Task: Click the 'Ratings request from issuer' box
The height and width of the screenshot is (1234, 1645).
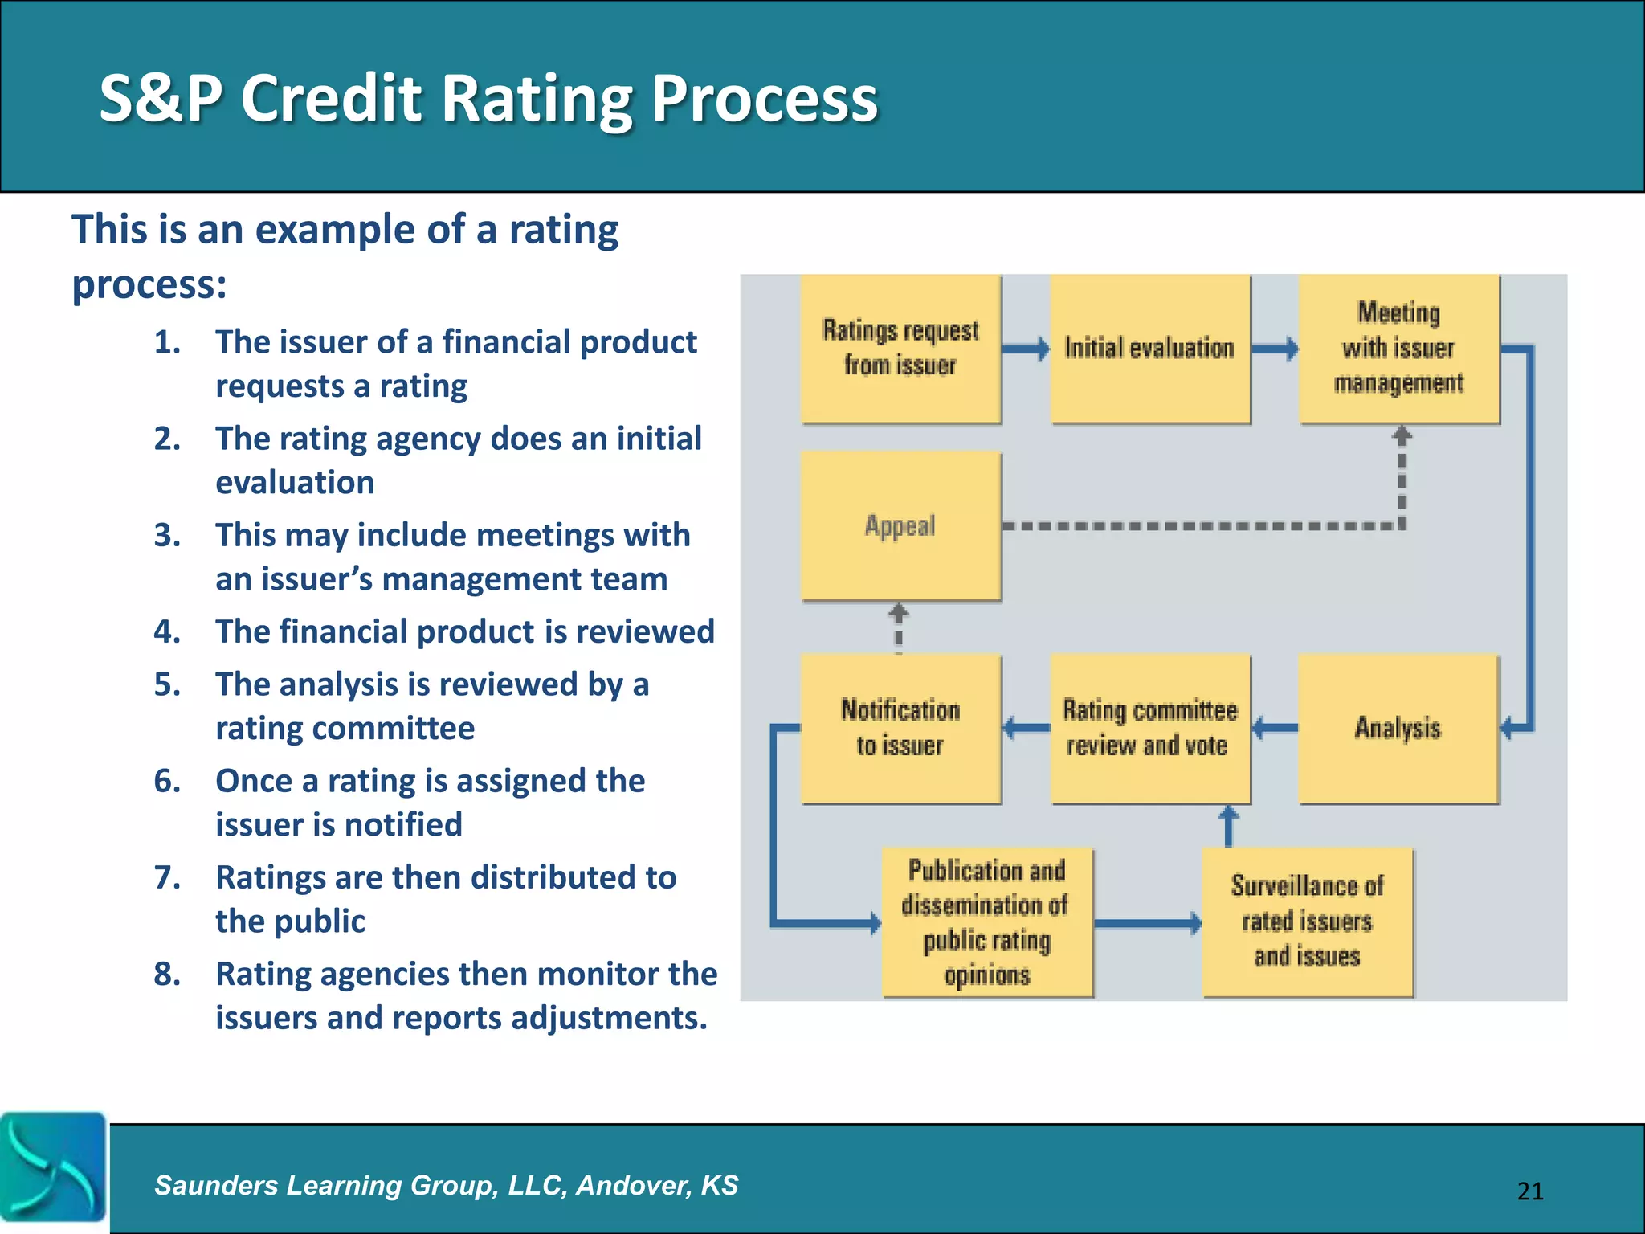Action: [x=900, y=349]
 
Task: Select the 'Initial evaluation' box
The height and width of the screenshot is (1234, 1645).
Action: [x=1149, y=349]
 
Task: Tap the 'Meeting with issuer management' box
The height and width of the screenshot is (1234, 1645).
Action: [x=1398, y=349]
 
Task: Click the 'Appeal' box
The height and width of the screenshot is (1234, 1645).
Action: [x=900, y=525]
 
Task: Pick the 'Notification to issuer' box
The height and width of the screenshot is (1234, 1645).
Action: [x=900, y=728]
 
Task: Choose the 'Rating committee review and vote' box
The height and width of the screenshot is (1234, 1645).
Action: [x=1149, y=728]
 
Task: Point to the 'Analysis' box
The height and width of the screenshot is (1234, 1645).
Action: [x=1398, y=728]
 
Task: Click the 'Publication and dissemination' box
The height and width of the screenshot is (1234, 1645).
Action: [x=987, y=922]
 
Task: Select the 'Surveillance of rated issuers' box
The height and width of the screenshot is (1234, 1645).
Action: [x=1307, y=922]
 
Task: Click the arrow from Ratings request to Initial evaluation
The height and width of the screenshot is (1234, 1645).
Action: [x=1026, y=349]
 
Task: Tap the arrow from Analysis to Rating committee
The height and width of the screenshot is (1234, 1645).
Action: [x=1275, y=728]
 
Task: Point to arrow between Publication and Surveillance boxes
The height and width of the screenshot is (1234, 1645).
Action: [x=1147, y=923]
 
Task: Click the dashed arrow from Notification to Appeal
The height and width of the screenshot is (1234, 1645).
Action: [x=899, y=627]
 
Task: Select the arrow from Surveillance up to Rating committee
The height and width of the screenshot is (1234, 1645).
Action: [x=1228, y=826]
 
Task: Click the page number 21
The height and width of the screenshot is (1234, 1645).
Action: [x=1530, y=1191]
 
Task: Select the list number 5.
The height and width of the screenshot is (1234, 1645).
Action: [x=167, y=684]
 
